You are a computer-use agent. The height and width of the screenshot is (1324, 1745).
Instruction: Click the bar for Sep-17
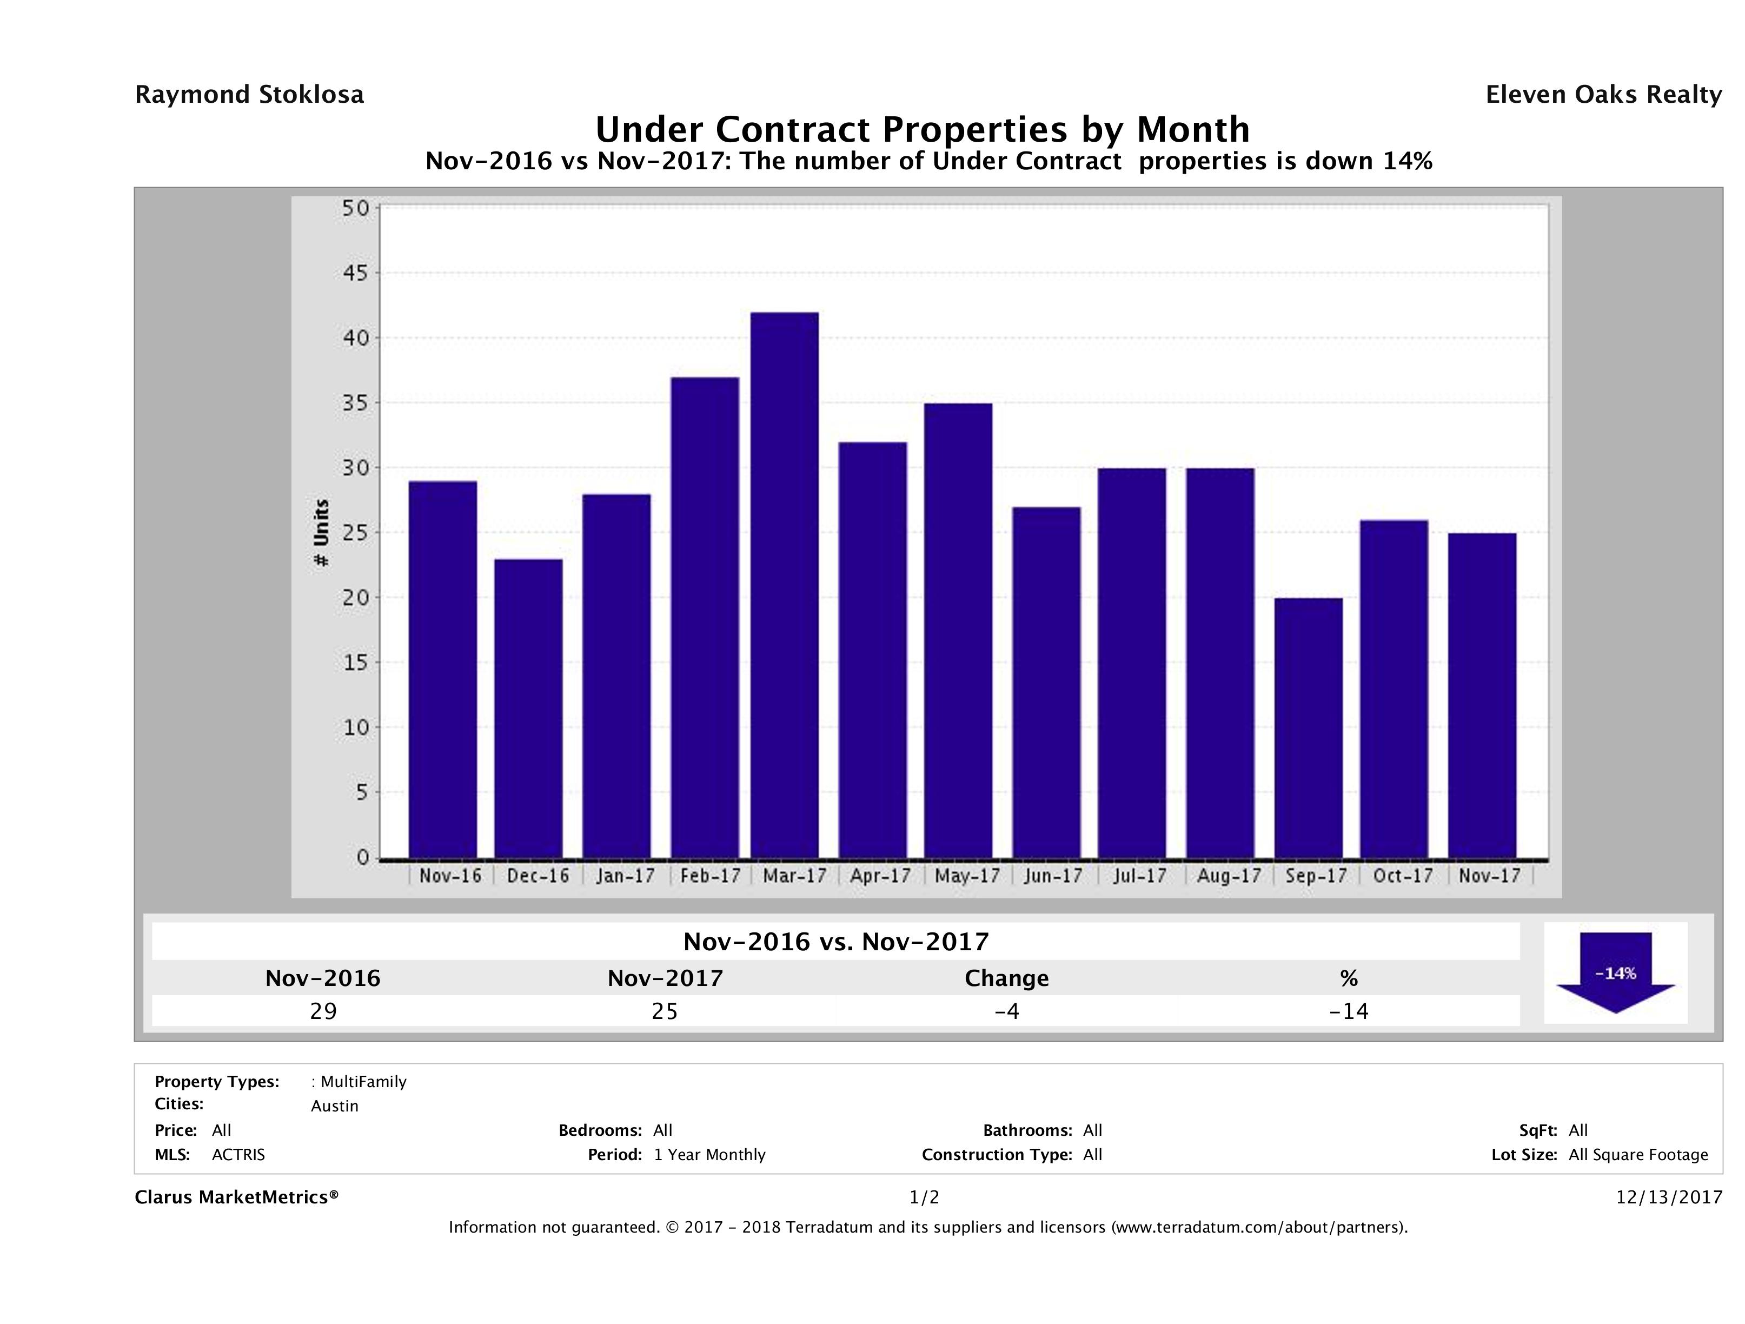pos(1308,727)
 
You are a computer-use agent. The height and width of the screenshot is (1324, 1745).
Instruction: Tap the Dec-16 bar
pos(528,708)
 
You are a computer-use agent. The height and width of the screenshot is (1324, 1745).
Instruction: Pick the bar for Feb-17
pos(705,617)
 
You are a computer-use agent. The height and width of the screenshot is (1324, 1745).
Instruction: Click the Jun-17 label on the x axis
pos(1053,876)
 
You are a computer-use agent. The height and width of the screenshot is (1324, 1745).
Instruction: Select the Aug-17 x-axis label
pos(1228,876)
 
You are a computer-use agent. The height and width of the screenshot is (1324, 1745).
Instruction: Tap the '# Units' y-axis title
pos(321,533)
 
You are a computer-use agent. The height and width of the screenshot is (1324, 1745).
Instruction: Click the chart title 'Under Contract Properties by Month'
pos(922,129)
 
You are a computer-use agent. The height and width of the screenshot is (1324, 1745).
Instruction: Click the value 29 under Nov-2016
pos(323,1011)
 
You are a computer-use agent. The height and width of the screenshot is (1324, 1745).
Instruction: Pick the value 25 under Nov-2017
pos(665,1011)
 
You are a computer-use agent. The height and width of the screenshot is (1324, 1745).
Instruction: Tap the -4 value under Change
pos(1007,1011)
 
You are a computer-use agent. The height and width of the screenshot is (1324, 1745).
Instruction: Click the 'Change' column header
pos(1007,978)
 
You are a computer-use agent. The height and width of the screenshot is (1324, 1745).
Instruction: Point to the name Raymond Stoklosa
pos(249,95)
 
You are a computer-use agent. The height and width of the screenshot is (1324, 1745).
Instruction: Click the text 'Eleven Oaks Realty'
pos(1603,95)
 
